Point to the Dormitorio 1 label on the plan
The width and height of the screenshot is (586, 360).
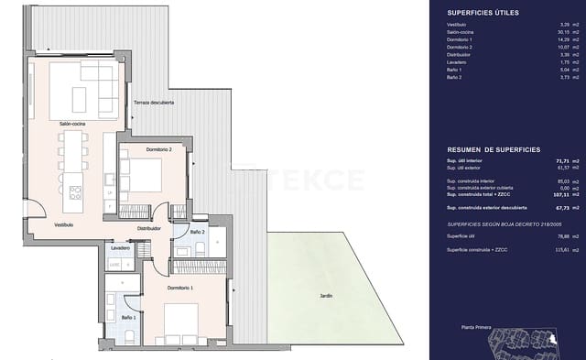click(182, 289)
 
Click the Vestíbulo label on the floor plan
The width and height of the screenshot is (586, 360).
click(38, 224)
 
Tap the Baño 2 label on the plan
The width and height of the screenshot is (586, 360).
click(197, 233)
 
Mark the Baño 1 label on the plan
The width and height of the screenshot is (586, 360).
click(128, 317)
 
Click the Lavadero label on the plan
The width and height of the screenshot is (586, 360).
click(120, 248)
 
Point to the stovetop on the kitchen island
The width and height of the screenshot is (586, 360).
click(75, 192)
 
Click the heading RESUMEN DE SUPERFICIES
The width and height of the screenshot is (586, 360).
click(493, 148)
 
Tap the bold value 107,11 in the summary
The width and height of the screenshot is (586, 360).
click(538, 195)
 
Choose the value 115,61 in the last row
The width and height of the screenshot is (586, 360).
click(538, 249)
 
